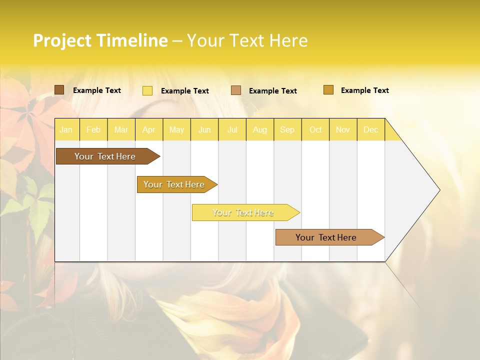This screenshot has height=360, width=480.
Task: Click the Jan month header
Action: click(x=66, y=130)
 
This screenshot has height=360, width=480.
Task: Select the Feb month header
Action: click(x=93, y=130)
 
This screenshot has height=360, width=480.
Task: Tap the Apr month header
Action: click(x=149, y=130)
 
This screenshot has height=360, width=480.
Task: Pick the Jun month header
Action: click(x=204, y=130)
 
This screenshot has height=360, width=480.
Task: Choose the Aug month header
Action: click(x=260, y=130)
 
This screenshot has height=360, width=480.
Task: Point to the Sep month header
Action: click(x=287, y=130)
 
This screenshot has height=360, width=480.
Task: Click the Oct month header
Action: click(x=315, y=130)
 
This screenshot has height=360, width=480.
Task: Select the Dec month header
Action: click(x=371, y=130)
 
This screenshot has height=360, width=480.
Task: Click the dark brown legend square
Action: click(x=59, y=90)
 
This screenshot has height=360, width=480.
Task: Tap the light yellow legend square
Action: click(x=147, y=90)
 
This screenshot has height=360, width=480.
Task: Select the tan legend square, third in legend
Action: click(x=236, y=90)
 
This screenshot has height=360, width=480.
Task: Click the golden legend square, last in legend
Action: click(x=328, y=90)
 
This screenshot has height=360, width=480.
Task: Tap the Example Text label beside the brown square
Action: click(x=97, y=90)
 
